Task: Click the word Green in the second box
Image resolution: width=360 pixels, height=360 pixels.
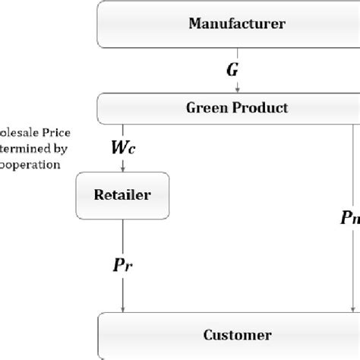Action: tap(204, 108)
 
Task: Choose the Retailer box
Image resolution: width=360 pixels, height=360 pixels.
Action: tap(122, 195)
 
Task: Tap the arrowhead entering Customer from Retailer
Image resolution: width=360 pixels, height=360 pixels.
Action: tap(122, 309)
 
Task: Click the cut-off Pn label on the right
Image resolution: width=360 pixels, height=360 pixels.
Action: tap(350, 218)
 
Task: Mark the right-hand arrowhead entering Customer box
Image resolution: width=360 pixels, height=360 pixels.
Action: tap(352, 309)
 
